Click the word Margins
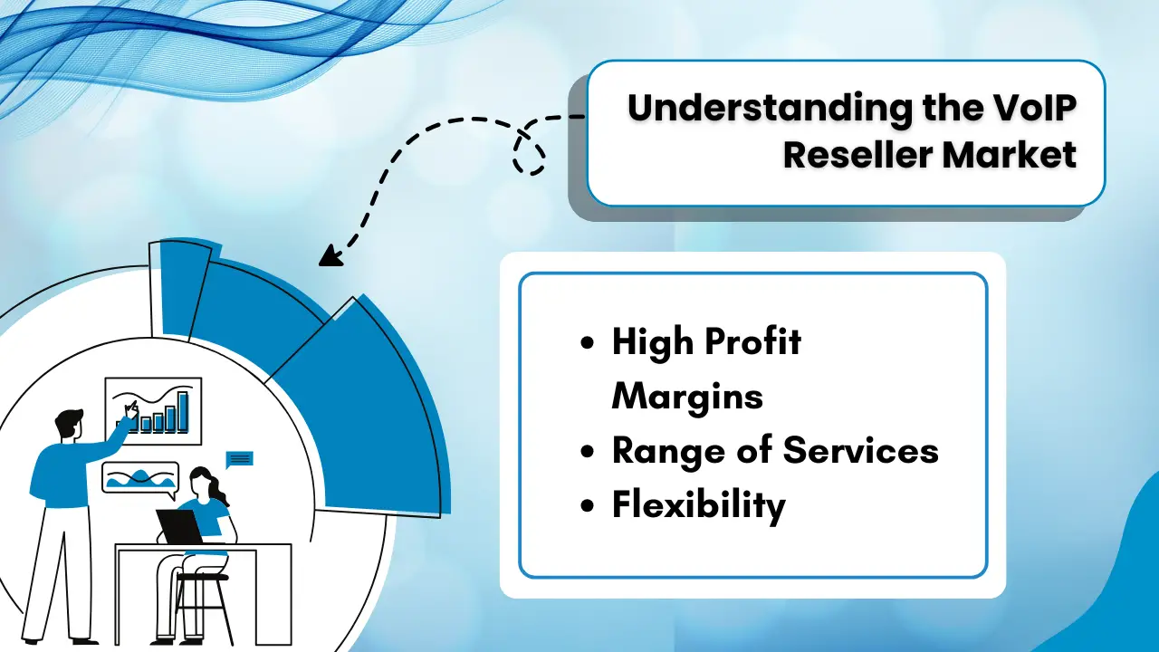[687, 396]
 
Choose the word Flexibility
[698, 504]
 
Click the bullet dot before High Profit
[589, 344]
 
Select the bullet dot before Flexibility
[589, 505]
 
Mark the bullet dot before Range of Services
[589, 451]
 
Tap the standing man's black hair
[68, 420]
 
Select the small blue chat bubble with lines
[239, 458]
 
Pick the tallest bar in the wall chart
[182, 411]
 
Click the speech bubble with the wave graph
[140, 476]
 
